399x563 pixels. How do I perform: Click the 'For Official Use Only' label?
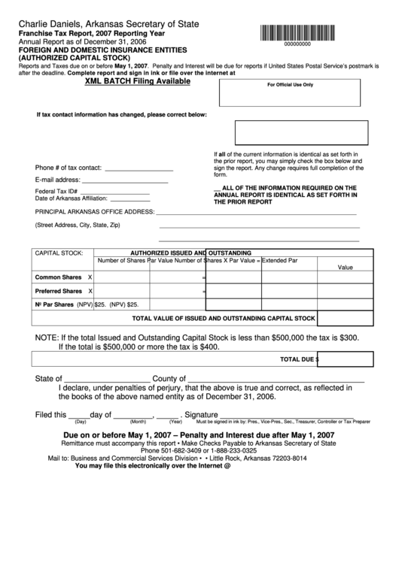[x=290, y=85]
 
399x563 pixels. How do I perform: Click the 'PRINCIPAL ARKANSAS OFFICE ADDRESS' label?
[x=94, y=212]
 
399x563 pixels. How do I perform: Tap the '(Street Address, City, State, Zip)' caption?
[x=78, y=226]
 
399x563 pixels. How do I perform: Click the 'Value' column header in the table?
[x=345, y=267]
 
